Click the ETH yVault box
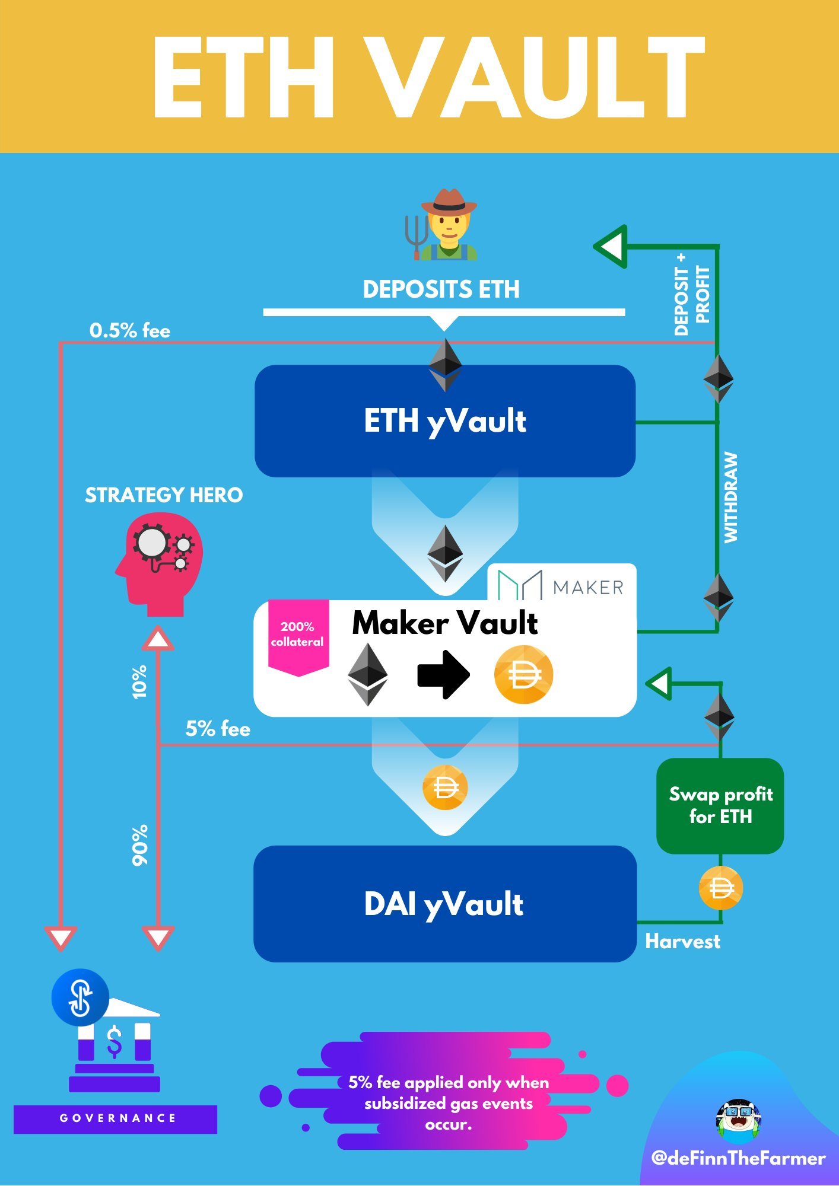coord(445,421)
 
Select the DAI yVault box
coord(445,904)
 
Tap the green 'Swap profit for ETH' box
coord(720,806)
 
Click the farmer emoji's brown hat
coord(449,202)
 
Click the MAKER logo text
coord(588,588)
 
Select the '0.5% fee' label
coord(130,330)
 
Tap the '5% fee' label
coord(218,729)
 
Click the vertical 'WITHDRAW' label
coord(731,498)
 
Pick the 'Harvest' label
coord(683,941)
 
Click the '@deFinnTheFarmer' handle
coord(738,1158)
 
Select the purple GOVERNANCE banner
coord(115,1118)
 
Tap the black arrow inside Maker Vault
coord(444,675)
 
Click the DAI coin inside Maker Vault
coord(523,675)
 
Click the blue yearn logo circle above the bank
coord(80,997)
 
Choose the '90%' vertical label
coord(140,845)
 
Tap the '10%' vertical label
coord(139,682)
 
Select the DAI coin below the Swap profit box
coord(721,888)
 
